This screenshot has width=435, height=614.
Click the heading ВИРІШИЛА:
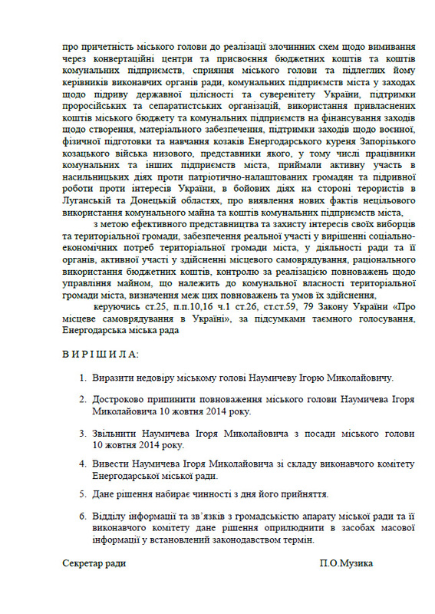click(x=101, y=355)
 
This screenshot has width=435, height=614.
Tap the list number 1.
click(x=82, y=378)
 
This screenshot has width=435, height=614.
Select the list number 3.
click(x=82, y=433)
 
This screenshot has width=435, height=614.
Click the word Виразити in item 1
click(x=113, y=378)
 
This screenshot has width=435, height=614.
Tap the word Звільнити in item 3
click(x=116, y=433)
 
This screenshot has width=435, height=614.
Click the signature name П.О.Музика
click(x=347, y=563)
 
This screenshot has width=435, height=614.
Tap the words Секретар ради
click(x=94, y=563)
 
